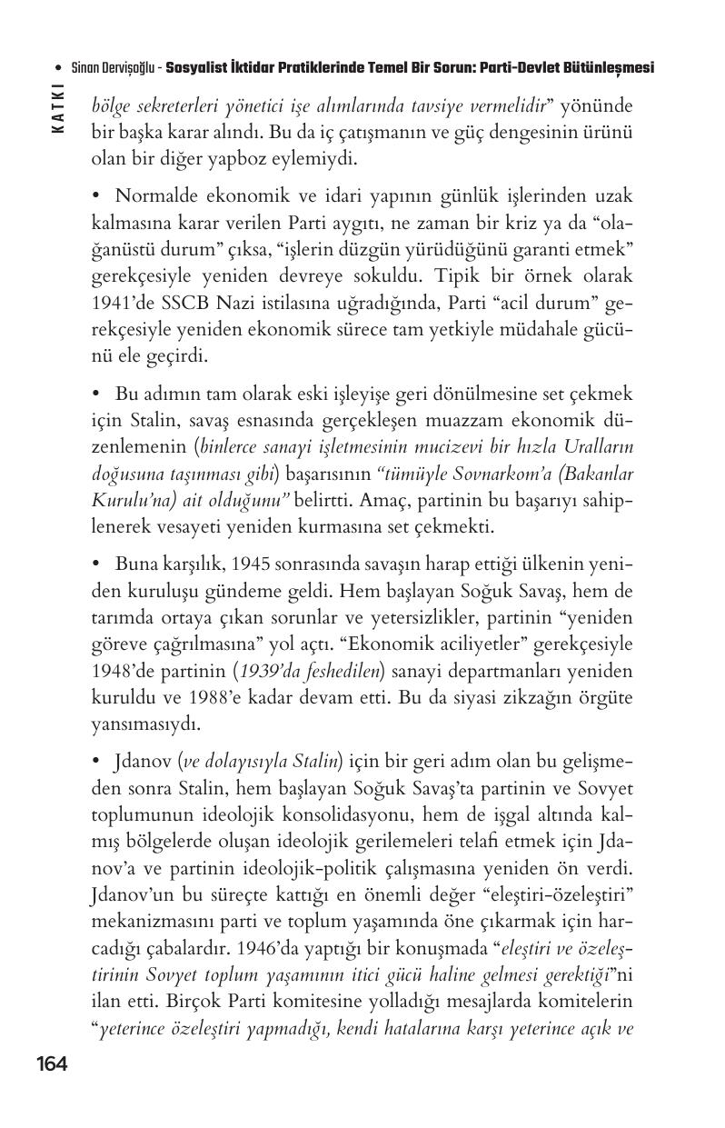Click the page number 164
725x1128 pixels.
click(x=52, y=1064)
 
